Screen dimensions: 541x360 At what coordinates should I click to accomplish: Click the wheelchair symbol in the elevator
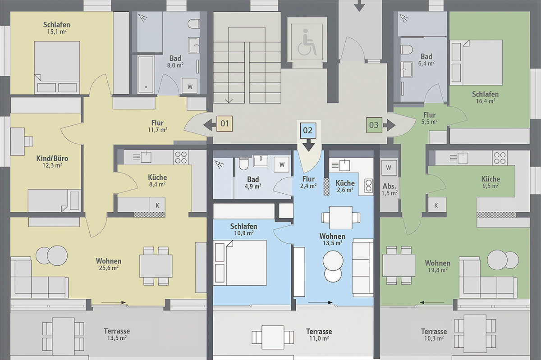pos(307,42)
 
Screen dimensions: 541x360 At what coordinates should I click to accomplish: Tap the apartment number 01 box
pos(225,123)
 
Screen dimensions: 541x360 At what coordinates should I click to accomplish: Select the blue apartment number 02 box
pos(308,130)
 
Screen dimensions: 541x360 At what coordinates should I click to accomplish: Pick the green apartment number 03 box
pos(374,125)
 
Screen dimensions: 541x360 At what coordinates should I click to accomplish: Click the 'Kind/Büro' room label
pos(52,159)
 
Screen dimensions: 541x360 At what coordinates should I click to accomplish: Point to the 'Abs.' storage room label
pos(389,186)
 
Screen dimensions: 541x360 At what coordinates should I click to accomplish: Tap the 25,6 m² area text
pos(109,268)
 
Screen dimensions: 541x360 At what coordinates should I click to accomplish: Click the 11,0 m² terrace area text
pos(319,338)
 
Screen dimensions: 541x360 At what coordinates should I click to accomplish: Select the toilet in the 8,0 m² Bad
pos(194,24)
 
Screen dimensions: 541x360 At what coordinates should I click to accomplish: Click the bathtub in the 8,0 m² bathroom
pos(146,75)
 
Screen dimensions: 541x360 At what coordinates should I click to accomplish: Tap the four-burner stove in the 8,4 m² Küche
pos(181,158)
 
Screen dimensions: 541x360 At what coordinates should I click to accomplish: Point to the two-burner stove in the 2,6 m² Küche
pos(368,186)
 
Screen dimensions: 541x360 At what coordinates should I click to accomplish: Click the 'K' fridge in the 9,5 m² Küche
pos(436,205)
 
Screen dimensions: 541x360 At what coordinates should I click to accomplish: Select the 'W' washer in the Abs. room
pos(389,168)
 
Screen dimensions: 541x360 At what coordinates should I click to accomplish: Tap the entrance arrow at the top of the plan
pos(359,6)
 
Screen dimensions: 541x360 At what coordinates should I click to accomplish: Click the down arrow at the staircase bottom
pos(229,100)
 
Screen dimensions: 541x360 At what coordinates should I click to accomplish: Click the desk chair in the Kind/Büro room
pos(29,141)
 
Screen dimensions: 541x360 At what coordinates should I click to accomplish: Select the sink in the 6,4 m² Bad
pos(407,69)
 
